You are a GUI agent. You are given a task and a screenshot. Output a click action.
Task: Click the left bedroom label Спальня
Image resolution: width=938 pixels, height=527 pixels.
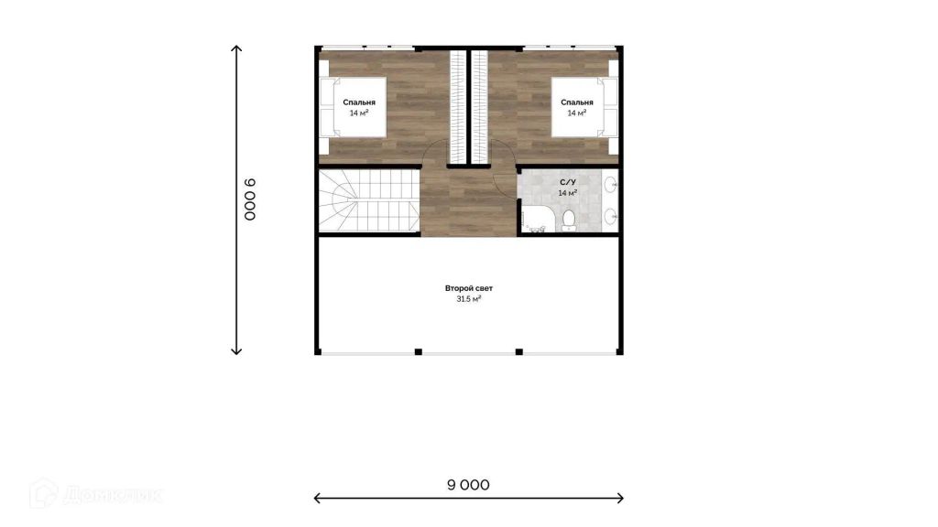pyautogui.click(x=359, y=102)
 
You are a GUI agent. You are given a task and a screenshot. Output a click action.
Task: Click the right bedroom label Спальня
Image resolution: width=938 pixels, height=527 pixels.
pyautogui.click(x=577, y=102)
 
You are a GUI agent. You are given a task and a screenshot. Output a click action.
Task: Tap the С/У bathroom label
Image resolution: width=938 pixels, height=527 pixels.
pyautogui.click(x=568, y=182)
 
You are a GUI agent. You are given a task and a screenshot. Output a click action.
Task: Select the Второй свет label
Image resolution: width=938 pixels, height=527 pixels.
pyautogui.click(x=468, y=288)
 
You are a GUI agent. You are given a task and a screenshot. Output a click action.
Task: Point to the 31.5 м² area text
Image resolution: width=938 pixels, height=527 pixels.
pyautogui.click(x=468, y=299)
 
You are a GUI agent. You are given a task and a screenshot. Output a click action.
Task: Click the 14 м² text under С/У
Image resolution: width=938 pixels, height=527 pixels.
pyautogui.click(x=568, y=193)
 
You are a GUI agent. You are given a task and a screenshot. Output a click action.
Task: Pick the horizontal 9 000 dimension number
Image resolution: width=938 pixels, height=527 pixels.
pyautogui.click(x=468, y=485)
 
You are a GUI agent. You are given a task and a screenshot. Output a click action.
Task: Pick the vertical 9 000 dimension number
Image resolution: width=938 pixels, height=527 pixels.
pyautogui.click(x=250, y=199)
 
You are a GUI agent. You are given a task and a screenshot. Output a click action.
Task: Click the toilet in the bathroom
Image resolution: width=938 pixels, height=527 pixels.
pyautogui.click(x=569, y=220)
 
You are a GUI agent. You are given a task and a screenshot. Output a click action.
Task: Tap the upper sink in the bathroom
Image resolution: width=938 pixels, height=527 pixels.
pyautogui.click(x=611, y=185)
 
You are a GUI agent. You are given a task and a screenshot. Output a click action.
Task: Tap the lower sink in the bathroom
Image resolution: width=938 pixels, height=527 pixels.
pyautogui.click(x=611, y=216)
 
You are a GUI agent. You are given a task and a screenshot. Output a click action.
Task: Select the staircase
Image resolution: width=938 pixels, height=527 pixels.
pyautogui.click(x=368, y=200)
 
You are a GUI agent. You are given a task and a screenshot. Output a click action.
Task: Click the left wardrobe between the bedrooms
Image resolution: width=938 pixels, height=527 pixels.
pyautogui.click(x=458, y=106)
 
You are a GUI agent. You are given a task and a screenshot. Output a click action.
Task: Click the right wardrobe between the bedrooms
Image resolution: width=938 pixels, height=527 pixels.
pyautogui.click(x=479, y=106)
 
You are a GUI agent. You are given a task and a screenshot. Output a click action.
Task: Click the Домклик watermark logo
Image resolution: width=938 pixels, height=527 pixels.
pyautogui.click(x=95, y=494)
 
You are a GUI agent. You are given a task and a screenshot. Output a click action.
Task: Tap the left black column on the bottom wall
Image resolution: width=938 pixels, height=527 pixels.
pyautogui.click(x=418, y=352)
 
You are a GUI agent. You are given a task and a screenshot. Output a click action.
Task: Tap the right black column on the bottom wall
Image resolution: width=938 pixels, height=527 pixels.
pyautogui.click(x=518, y=352)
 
